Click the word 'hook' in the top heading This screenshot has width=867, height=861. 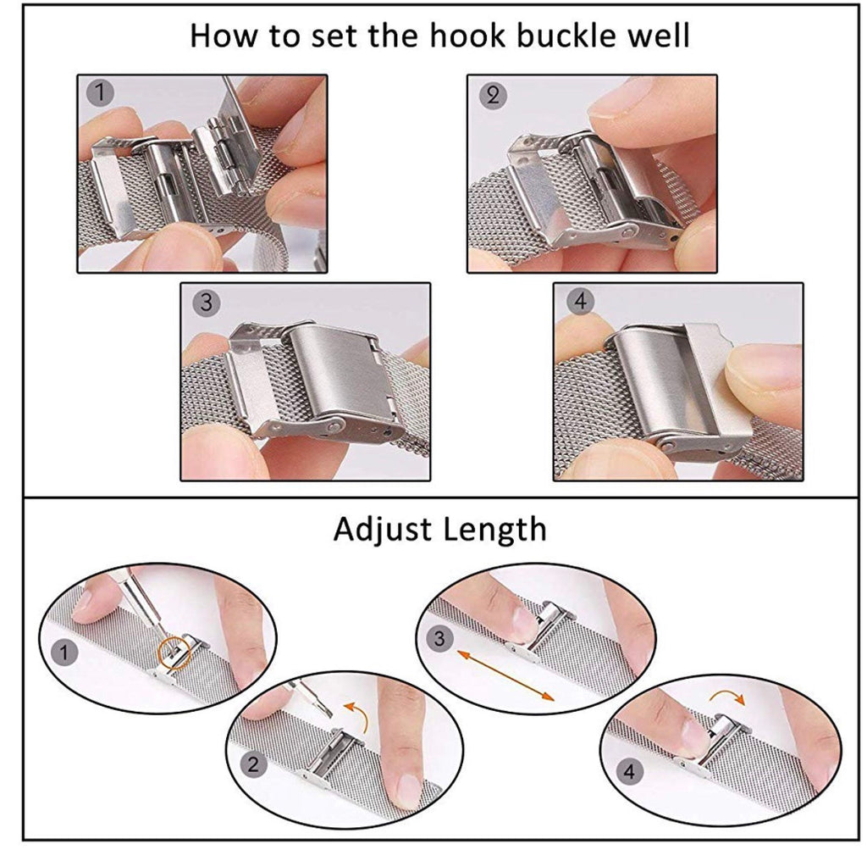(x=467, y=36)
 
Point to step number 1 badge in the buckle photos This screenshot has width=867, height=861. (x=100, y=92)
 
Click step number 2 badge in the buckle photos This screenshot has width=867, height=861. (x=492, y=95)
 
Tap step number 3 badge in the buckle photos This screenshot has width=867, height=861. (x=207, y=303)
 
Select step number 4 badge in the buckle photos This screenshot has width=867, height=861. (x=580, y=301)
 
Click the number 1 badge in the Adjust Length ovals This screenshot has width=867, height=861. (x=64, y=653)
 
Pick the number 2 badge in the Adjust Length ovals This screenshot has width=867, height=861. (x=253, y=764)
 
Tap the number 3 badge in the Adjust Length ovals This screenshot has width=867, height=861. (x=439, y=639)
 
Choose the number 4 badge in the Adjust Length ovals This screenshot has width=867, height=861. (x=630, y=771)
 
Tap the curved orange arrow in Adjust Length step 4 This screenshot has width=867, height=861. (x=728, y=693)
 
